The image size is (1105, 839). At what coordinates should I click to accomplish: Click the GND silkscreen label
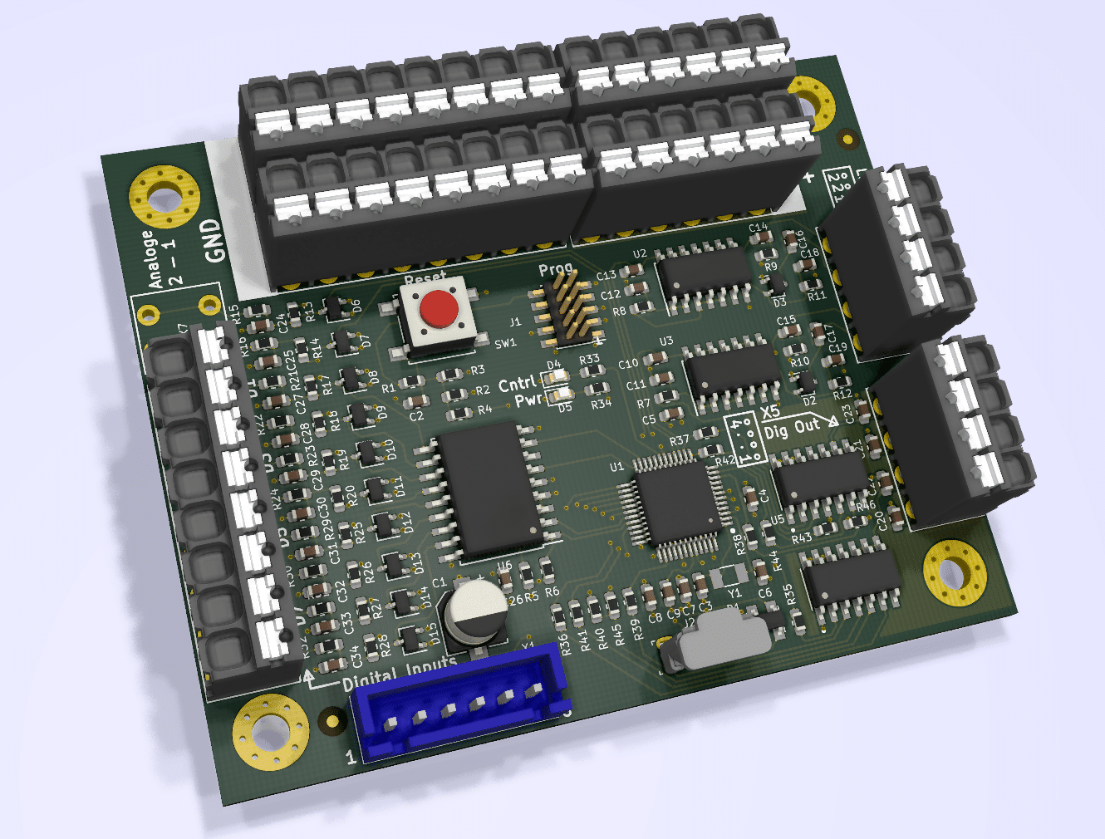(x=214, y=240)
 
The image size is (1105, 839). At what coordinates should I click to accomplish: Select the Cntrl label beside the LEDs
(x=517, y=384)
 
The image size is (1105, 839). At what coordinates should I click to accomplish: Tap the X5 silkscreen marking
(x=770, y=411)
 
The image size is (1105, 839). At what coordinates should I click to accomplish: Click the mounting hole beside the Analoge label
(x=164, y=197)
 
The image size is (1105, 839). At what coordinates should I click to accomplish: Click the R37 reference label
(x=678, y=440)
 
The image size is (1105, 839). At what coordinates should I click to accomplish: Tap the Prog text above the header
(x=555, y=269)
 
